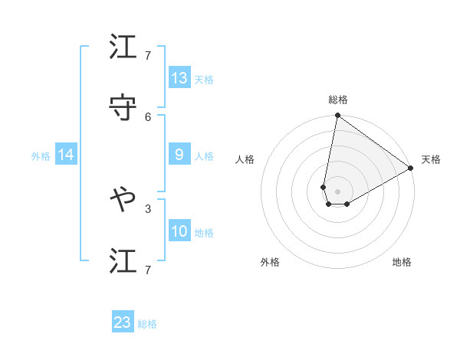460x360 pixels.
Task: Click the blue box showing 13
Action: coord(179,78)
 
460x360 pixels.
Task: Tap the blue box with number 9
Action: coord(179,155)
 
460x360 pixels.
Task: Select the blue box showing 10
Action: coord(179,231)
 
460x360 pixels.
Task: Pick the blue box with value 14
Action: coord(66,155)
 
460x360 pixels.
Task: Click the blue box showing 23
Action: coord(123,322)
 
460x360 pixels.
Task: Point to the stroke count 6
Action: coord(148,116)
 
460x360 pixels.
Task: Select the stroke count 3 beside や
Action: coord(148,208)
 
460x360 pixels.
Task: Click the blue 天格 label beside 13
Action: coord(204,80)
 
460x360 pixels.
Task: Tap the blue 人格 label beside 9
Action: coord(204,156)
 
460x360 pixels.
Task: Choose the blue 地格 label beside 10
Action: coord(204,233)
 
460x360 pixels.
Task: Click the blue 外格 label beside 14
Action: coord(41,156)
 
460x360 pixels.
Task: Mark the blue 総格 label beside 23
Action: coord(147,324)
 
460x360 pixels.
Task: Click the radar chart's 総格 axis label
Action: coord(338,100)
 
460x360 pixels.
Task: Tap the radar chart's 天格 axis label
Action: coord(431,159)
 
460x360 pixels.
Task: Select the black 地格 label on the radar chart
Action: coord(402,262)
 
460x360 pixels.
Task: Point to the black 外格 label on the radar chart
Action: coord(270,262)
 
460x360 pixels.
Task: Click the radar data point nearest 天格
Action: coord(411,169)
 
